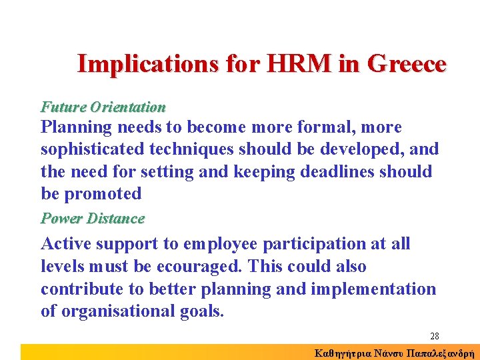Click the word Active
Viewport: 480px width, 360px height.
pos(67,244)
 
